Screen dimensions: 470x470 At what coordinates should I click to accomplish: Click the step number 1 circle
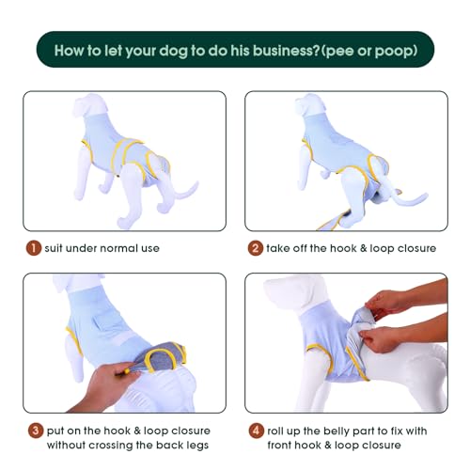pos(34,248)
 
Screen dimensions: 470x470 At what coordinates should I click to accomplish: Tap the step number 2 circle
pos(256,248)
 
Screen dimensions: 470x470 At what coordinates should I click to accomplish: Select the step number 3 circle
pos(36,431)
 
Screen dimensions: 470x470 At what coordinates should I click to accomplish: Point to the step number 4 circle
pos(256,431)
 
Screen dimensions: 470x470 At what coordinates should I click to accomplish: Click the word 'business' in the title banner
pos(286,51)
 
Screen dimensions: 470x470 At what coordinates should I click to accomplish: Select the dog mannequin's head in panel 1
pos(90,106)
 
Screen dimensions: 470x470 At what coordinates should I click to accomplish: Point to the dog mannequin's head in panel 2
pos(310,106)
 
